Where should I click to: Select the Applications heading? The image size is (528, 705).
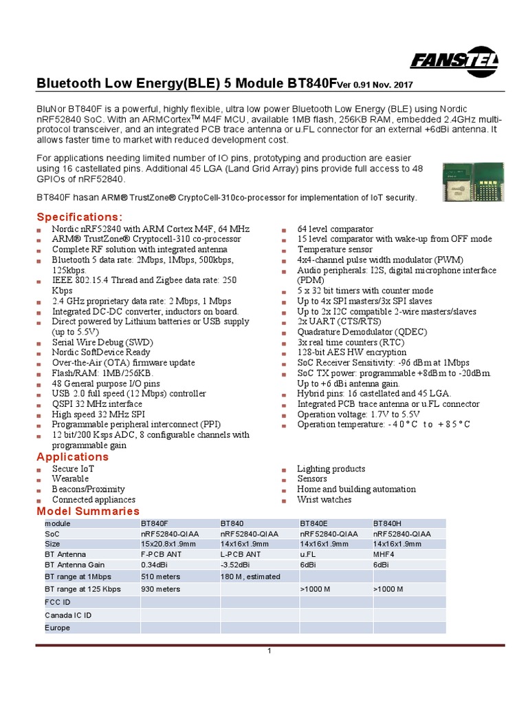click(x=72, y=457)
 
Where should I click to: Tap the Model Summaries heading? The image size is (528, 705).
click(x=88, y=511)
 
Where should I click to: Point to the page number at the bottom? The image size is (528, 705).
click(x=270, y=651)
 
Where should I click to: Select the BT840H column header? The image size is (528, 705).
click(x=387, y=523)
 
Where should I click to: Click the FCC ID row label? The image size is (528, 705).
click(x=58, y=602)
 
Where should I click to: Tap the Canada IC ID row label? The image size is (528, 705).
click(x=68, y=615)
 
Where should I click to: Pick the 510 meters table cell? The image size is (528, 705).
click(x=160, y=576)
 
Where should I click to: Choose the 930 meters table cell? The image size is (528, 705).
click(x=160, y=589)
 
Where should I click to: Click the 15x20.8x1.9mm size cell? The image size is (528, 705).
click(x=170, y=543)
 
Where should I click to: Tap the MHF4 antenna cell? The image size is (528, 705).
click(x=383, y=554)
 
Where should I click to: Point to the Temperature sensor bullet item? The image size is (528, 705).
click(x=329, y=249)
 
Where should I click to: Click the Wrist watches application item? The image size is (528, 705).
click(x=324, y=499)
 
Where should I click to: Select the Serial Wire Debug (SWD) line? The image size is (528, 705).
click(x=102, y=342)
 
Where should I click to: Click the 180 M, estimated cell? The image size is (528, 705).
click(x=250, y=576)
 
